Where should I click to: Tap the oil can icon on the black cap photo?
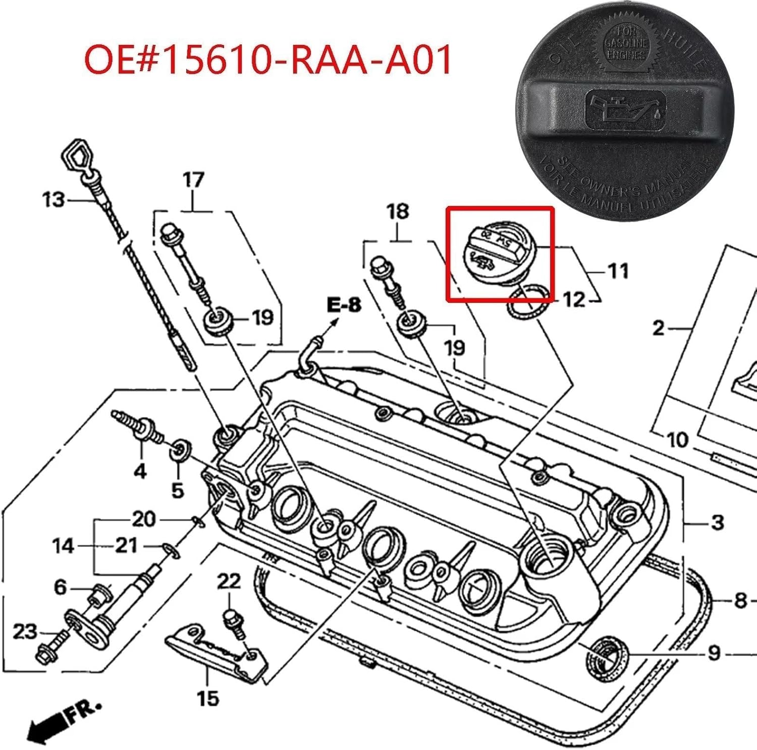[625, 108]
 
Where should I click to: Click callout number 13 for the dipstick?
[53, 200]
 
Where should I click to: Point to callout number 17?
[193, 180]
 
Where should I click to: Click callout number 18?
[397, 211]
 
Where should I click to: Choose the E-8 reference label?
[344, 305]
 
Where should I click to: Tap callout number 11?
[618, 271]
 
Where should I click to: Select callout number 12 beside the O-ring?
[574, 300]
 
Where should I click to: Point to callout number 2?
[658, 329]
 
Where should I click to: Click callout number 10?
[677, 440]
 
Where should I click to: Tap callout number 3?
[717, 522]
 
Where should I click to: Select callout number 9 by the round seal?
[714, 653]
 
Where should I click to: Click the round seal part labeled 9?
[607, 657]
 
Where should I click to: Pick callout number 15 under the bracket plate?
[207, 699]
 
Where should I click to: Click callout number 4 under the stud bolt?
[140, 471]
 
